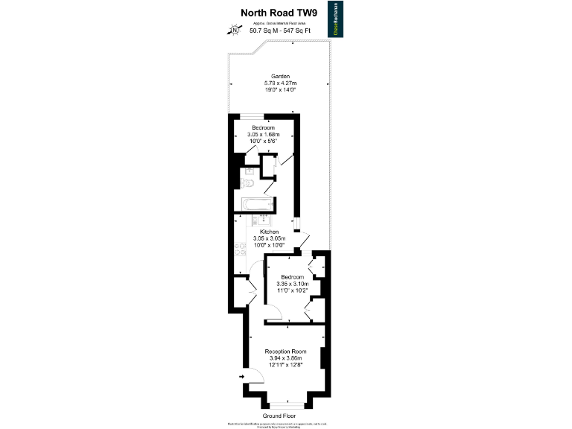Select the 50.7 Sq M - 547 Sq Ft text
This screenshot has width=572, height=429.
[x=279, y=31]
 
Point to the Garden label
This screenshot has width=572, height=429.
[x=280, y=76]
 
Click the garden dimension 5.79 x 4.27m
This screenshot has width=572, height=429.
[x=280, y=83]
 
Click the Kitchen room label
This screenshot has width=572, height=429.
[x=269, y=232]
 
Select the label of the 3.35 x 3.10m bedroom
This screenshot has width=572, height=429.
[x=291, y=277]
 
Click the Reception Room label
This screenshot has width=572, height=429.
[x=286, y=352]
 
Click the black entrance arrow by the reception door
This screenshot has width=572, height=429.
[x=242, y=378]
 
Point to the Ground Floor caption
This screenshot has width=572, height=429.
[x=279, y=415]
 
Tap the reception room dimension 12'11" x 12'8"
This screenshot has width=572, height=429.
[x=286, y=365]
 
